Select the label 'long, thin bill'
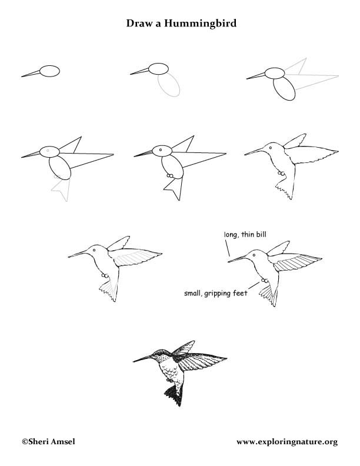coord(241,235)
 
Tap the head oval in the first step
coord(50,71)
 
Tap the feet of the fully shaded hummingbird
coord(170,380)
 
